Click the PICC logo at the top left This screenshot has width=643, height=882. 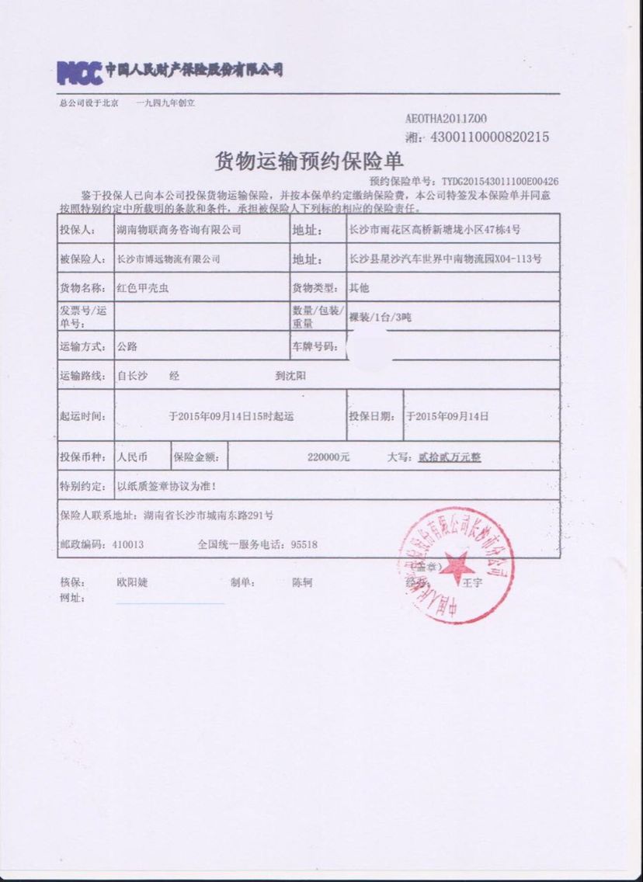(x=80, y=72)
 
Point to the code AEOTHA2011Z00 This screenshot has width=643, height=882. (x=447, y=119)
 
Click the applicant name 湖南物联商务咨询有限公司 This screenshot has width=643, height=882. (x=178, y=230)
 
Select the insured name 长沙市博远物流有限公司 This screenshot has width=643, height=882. (x=168, y=259)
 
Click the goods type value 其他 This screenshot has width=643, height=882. (x=359, y=288)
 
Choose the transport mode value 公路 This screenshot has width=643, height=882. (x=127, y=346)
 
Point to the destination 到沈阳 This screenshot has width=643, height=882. (x=290, y=375)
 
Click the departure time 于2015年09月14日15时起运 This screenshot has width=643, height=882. (x=231, y=416)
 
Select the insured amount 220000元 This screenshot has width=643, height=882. (x=328, y=457)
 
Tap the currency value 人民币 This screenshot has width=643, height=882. (x=132, y=457)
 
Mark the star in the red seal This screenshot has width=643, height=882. (x=458, y=564)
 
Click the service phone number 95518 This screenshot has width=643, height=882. (x=303, y=544)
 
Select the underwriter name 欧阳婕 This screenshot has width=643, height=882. (x=131, y=582)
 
